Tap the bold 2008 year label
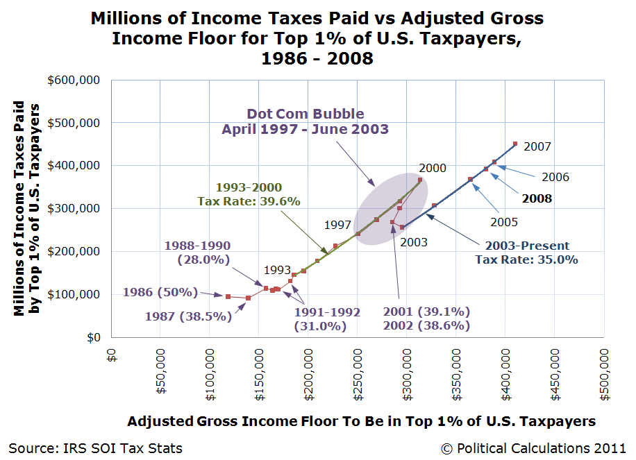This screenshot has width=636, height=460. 537,198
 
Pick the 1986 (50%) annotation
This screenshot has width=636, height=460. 160,292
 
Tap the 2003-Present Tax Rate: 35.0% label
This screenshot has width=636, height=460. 527,253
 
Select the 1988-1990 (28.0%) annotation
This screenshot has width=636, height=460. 197,252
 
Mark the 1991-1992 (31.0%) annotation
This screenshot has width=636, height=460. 327,318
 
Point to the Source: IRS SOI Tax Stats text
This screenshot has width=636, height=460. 95,448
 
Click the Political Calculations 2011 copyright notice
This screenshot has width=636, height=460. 533,448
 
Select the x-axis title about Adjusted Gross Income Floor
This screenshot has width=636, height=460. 361,421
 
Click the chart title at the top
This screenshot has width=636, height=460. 317,37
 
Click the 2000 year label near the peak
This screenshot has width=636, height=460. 433,169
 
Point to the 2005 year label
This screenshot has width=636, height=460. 504,223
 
